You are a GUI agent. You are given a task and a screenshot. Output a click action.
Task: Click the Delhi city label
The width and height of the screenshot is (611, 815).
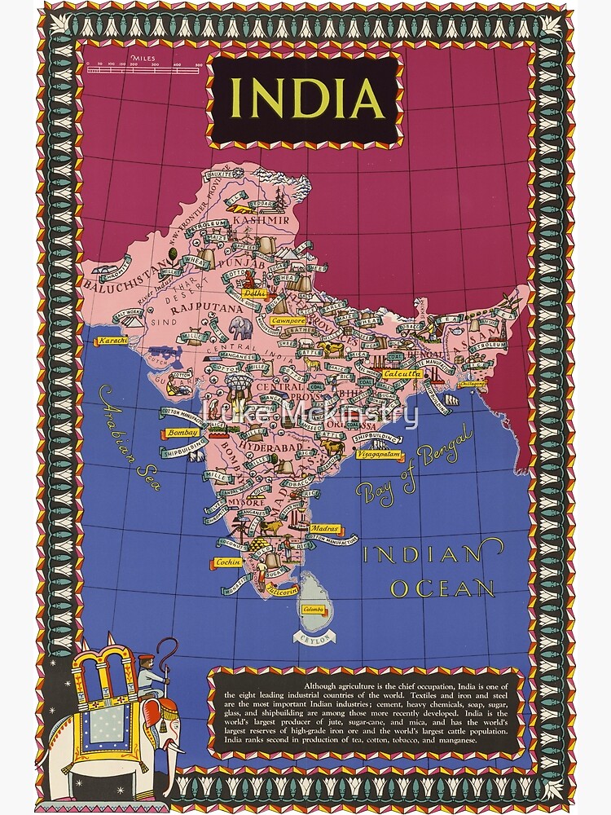(x=255, y=292)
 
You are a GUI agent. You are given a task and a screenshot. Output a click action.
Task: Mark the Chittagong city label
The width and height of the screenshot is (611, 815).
(x=472, y=382)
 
